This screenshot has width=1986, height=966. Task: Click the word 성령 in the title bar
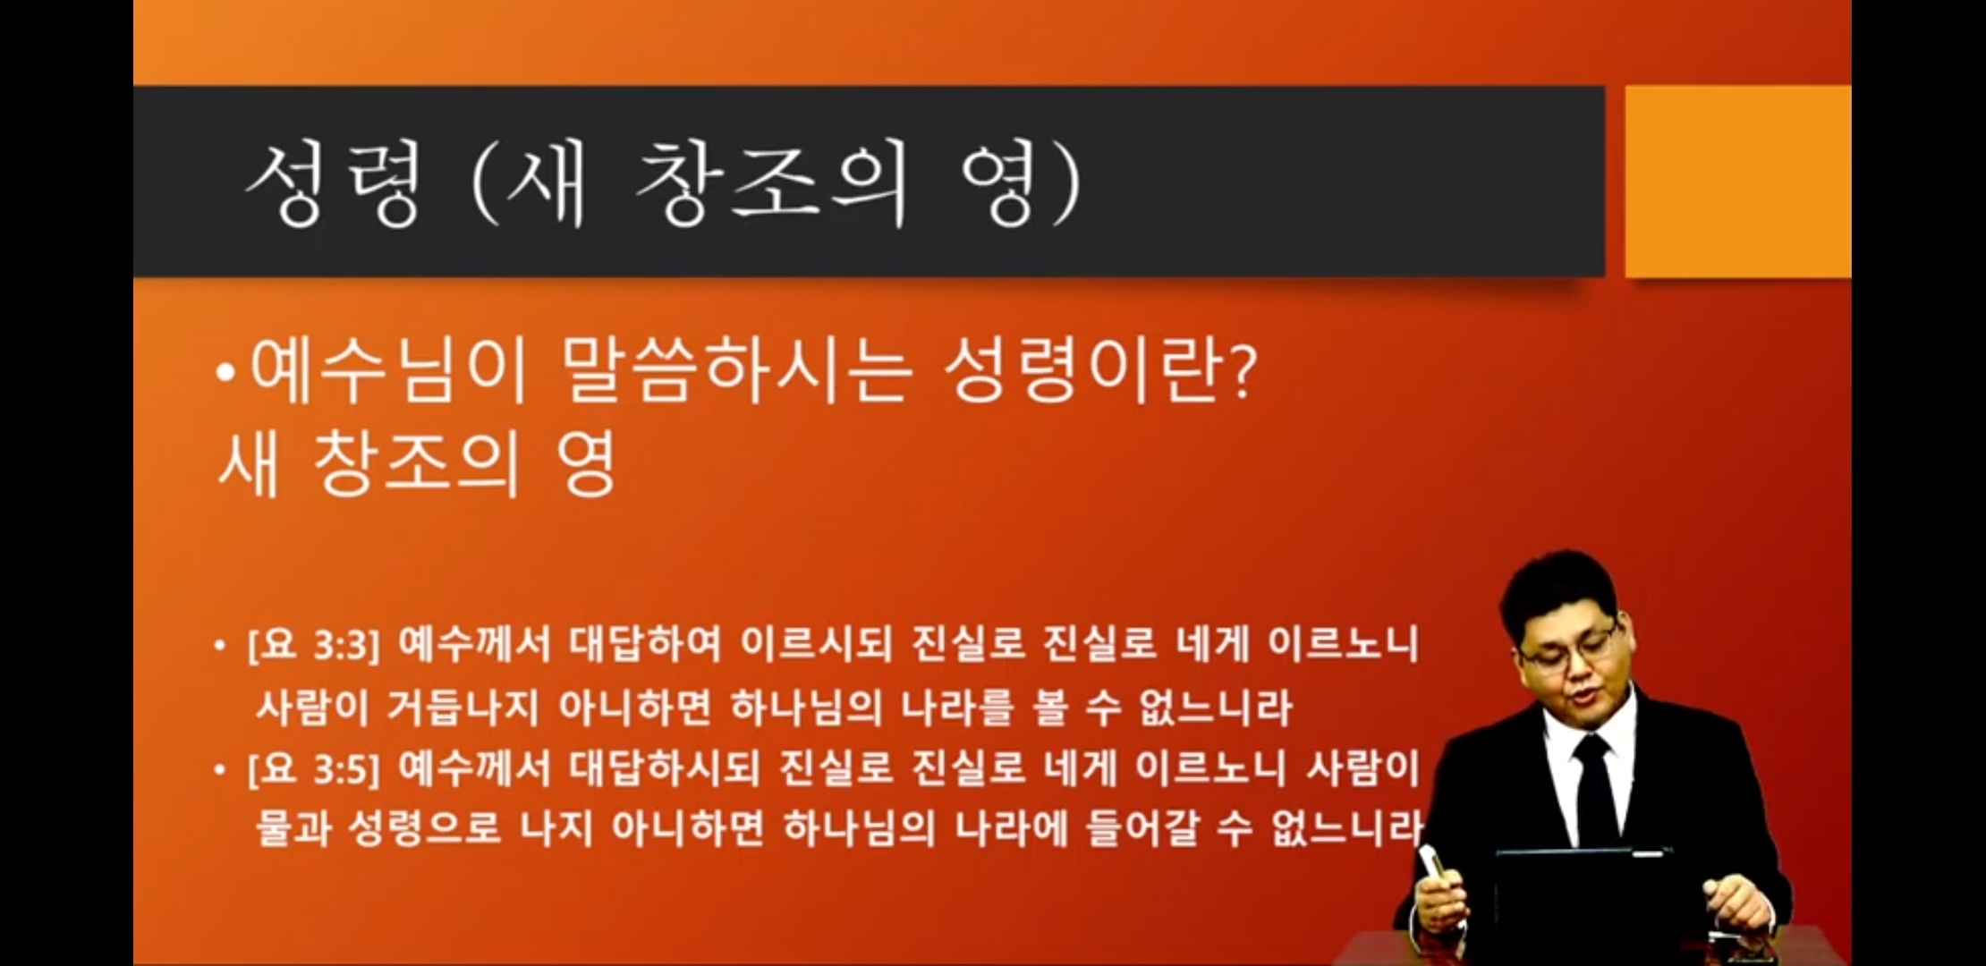(x=333, y=184)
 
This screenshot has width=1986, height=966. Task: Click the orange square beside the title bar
(x=1737, y=182)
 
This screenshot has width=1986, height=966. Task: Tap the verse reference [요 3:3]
(x=314, y=645)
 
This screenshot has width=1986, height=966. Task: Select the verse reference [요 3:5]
(x=314, y=768)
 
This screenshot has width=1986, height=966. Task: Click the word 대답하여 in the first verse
(x=645, y=644)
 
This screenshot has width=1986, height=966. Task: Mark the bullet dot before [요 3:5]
(x=220, y=769)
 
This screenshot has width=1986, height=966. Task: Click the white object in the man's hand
(x=1437, y=862)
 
